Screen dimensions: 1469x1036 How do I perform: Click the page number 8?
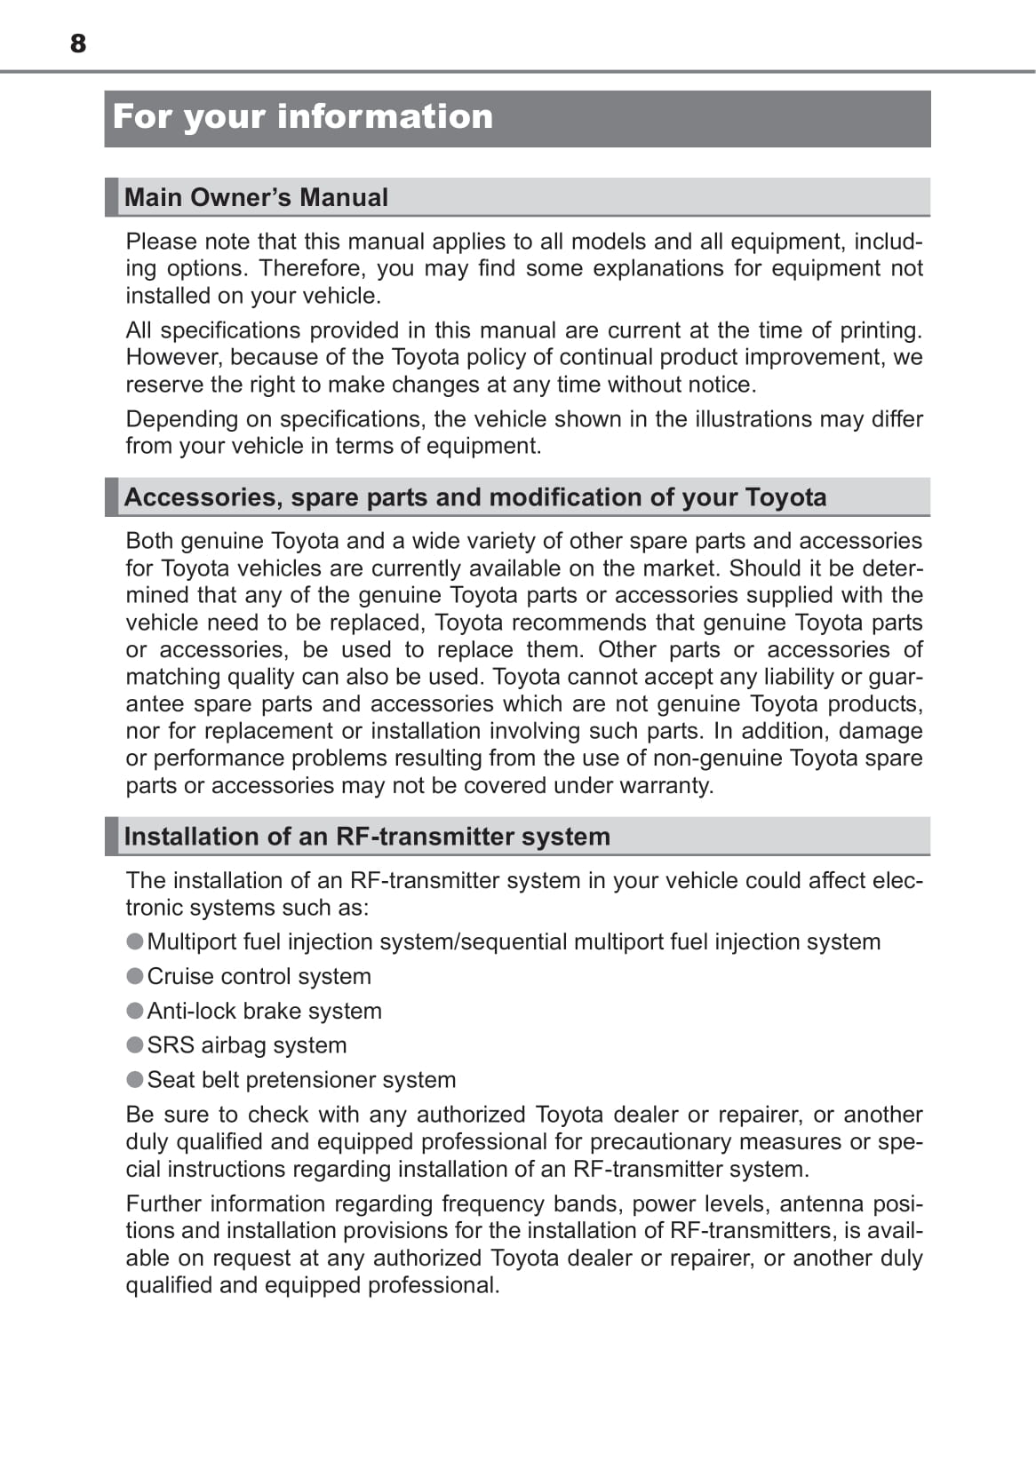(x=78, y=43)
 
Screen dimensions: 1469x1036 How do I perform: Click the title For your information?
(x=303, y=116)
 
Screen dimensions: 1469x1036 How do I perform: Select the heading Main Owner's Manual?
(x=256, y=197)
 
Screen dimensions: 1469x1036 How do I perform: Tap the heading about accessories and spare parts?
(x=475, y=497)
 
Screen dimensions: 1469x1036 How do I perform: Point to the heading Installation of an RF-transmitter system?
(x=367, y=837)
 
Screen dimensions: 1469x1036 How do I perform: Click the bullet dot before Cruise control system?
(x=135, y=976)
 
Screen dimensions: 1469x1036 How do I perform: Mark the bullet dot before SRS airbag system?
(x=135, y=1045)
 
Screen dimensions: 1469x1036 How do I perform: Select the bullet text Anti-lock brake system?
(x=264, y=1011)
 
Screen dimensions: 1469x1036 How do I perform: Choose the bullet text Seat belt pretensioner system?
(x=301, y=1080)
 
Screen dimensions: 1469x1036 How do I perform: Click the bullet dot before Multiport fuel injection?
(x=135, y=941)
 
